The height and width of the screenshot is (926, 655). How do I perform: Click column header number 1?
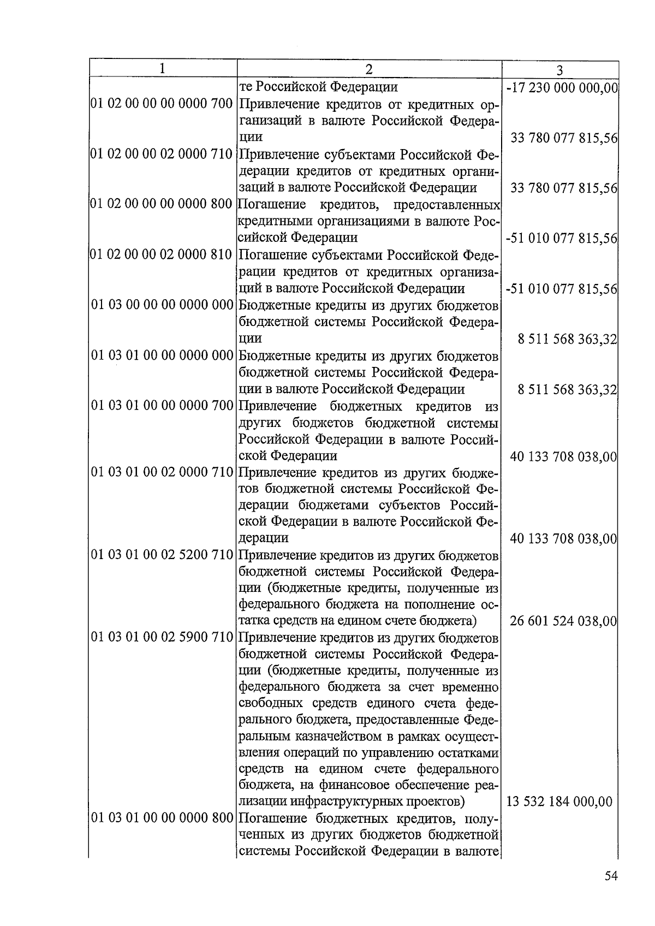(x=162, y=69)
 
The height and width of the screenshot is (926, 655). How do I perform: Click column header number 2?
(x=369, y=69)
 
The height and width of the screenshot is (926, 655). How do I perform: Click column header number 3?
(x=559, y=70)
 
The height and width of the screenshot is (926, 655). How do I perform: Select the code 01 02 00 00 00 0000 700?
(x=162, y=104)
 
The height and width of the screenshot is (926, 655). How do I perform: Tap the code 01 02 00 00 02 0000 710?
(x=162, y=154)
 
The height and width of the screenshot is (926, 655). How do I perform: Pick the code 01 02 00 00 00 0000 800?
(x=162, y=204)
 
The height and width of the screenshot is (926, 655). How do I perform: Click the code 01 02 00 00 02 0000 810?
(x=162, y=254)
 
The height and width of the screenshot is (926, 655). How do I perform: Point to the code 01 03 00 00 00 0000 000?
(x=162, y=305)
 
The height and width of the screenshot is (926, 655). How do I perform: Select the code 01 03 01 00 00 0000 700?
(x=162, y=406)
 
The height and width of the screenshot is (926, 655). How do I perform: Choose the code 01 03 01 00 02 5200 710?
(x=162, y=556)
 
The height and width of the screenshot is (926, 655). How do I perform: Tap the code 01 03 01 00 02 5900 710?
(x=162, y=638)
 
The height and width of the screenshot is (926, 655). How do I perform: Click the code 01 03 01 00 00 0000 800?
(x=162, y=818)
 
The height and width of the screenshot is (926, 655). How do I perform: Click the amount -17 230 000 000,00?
(x=562, y=87)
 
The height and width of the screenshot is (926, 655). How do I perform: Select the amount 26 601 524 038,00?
(x=563, y=621)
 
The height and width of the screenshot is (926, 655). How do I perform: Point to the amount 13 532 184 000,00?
(x=559, y=802)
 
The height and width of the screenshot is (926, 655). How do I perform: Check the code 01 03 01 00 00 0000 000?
(x=162, y=355)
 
